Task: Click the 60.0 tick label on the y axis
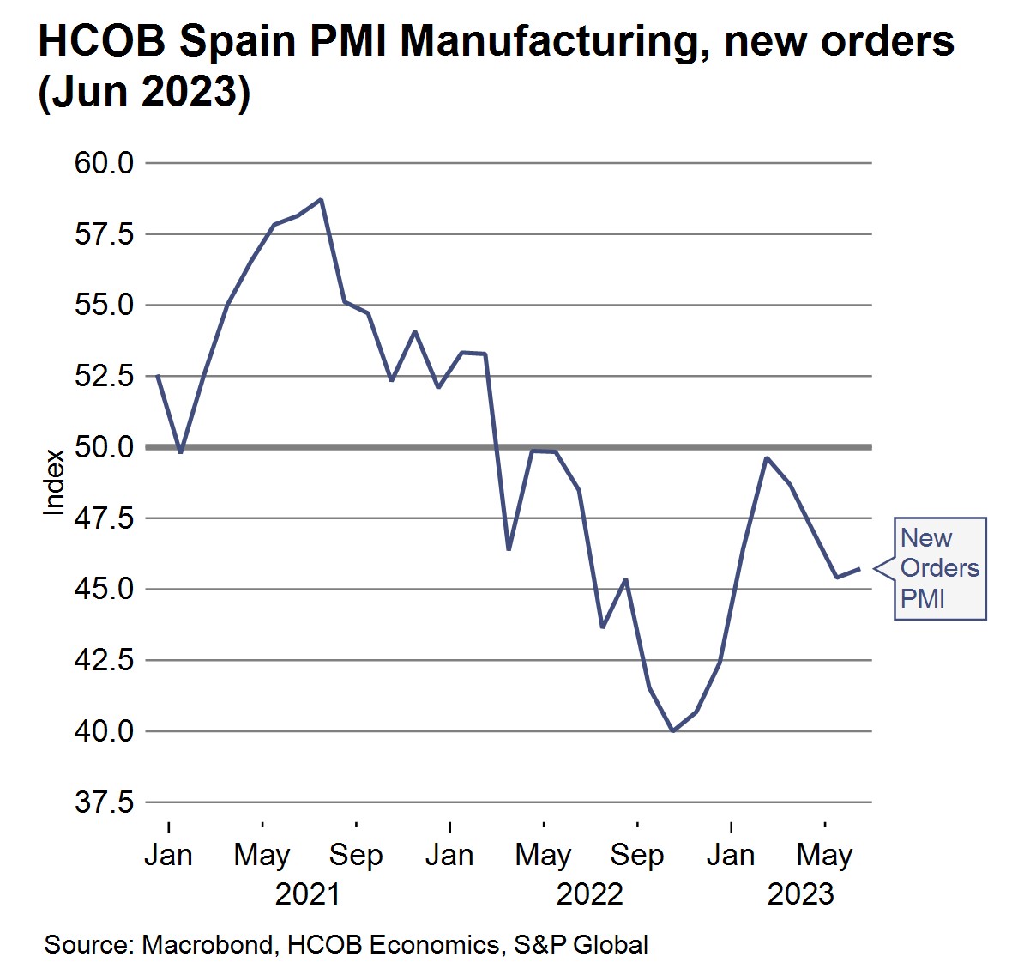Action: point(104,162)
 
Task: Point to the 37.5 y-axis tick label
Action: point(104,802)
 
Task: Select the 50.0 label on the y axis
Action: point(104,447)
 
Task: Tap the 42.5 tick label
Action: point(104,660)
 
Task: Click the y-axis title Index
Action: point(54,482)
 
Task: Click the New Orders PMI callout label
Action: point(939,568)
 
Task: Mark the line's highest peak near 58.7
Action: point(321,200)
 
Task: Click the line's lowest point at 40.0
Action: point(673,731)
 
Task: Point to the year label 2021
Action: point(307,894)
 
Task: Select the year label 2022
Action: point(589,894)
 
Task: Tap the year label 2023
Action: point(800,894)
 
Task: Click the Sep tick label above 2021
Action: point(356,856)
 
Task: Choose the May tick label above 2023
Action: point(824,856)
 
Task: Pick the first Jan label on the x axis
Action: point(168,856)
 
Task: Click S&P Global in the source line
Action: point(581,945)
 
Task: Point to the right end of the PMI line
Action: point(860,569)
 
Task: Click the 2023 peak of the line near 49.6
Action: point(767,457)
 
